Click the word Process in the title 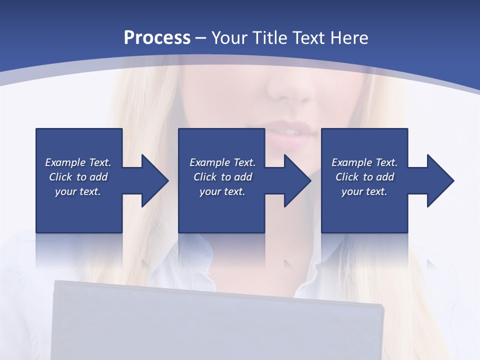click(157, 38)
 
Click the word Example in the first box click(65, 162)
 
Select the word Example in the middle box click(209, 162)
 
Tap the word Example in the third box click(351, 162)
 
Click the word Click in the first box click(60, 177)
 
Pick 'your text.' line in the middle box click(222, 191)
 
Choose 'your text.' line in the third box click(364, 191)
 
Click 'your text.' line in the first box click(78, 191)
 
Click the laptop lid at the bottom click(217, 325)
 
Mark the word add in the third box click(385, 177)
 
